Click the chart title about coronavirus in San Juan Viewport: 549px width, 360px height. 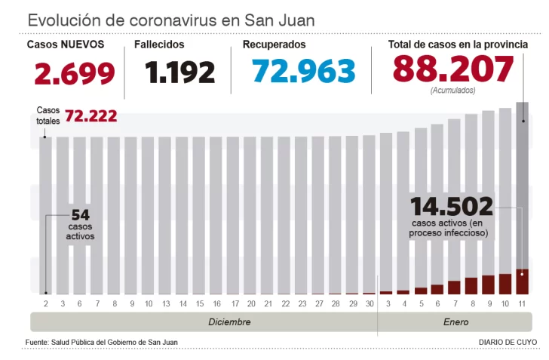170,20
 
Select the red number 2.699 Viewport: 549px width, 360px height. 75,73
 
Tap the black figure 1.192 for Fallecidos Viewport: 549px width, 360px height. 180,73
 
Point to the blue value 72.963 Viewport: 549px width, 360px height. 303,72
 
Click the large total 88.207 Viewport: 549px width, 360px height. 452,69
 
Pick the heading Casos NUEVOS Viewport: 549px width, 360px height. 66,45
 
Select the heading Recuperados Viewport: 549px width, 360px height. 274,45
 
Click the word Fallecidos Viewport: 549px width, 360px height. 159,45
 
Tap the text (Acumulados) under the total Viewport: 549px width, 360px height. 452,91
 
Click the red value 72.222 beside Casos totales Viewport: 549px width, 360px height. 90,115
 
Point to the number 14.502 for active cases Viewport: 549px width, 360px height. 451,206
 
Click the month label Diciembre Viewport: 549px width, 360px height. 229,322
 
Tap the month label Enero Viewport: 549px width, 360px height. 455,322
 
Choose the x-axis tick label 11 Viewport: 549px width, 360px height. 522,303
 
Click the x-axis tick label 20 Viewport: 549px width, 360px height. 250,303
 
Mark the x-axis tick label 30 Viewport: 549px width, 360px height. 369,303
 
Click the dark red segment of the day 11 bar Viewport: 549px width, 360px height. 522,281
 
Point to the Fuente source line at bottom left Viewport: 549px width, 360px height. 102,342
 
